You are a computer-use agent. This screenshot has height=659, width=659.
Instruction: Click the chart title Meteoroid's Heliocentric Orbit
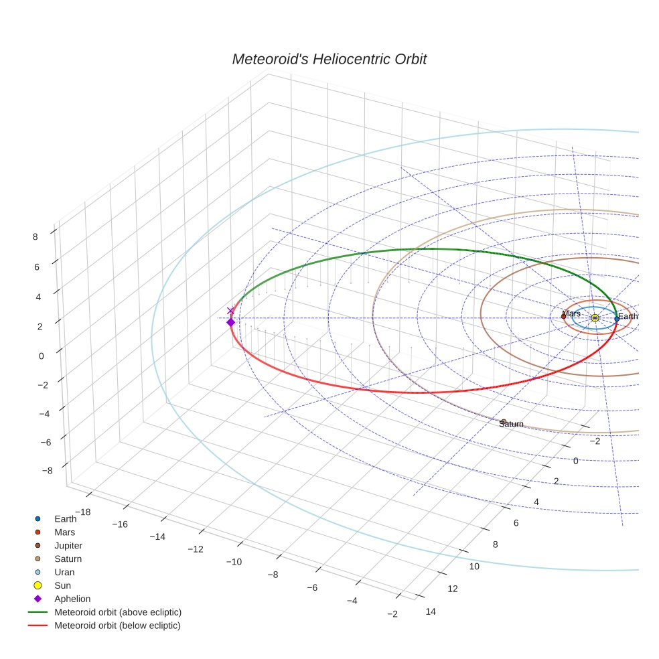coord(329,59)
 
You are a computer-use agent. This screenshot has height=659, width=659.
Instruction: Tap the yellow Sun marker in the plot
coord(595,317)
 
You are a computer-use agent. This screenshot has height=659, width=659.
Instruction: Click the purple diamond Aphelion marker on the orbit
coord(231,322)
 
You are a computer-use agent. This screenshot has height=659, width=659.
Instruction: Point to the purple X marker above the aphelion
coord(231,311)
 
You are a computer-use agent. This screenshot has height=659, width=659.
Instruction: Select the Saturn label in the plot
coord(511,424)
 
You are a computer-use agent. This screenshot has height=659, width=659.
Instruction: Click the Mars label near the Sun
coord(571,313)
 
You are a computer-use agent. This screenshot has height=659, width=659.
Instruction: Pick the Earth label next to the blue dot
coord(628,316)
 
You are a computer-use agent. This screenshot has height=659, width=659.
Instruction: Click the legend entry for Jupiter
coord(68,545)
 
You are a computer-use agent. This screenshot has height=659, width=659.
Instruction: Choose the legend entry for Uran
coord(64,572)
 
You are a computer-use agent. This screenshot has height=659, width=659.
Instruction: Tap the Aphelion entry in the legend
coord(72,599)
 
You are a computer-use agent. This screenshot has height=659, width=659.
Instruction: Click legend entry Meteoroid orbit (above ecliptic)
coord(117,612)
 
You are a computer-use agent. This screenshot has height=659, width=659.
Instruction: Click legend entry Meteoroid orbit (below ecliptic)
coord(117,626)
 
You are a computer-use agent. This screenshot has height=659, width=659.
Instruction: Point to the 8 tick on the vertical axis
coord(34,236)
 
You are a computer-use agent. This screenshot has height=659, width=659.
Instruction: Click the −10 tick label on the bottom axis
coord(234,561)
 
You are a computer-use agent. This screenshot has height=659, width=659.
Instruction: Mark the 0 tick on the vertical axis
coord(42,356)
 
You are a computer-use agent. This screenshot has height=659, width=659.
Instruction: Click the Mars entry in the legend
coord(64,532)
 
